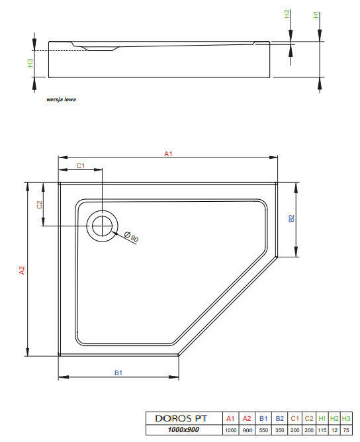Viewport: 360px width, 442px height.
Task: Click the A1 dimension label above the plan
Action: click(168, 154)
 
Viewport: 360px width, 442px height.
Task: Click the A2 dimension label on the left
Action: click(22, 270)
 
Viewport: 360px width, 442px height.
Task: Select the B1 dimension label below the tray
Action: click(118, 373)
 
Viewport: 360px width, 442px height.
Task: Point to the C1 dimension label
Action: click(80, 166)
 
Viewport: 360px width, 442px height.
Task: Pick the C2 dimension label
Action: click(39, 205)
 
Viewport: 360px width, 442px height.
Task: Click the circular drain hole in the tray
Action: click(102, 226)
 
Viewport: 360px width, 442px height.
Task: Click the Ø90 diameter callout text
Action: click(132, 237)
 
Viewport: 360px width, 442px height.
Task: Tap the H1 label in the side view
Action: click(316, 15)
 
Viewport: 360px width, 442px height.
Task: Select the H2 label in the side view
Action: click(287, 15)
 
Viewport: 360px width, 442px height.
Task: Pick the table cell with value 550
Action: click(263, 430)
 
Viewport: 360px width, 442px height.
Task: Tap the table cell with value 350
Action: click(279, 430)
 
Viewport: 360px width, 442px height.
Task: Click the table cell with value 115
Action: click(322, 430)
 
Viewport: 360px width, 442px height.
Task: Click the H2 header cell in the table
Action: click(335, 419)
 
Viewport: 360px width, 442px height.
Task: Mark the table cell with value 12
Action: click(335, 430)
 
